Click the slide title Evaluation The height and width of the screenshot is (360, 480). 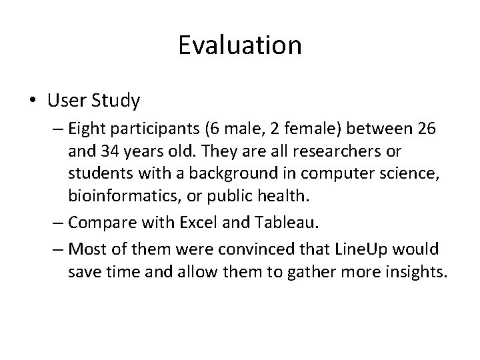pos(240,45)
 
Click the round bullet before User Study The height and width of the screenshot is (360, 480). pos(34,101)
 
